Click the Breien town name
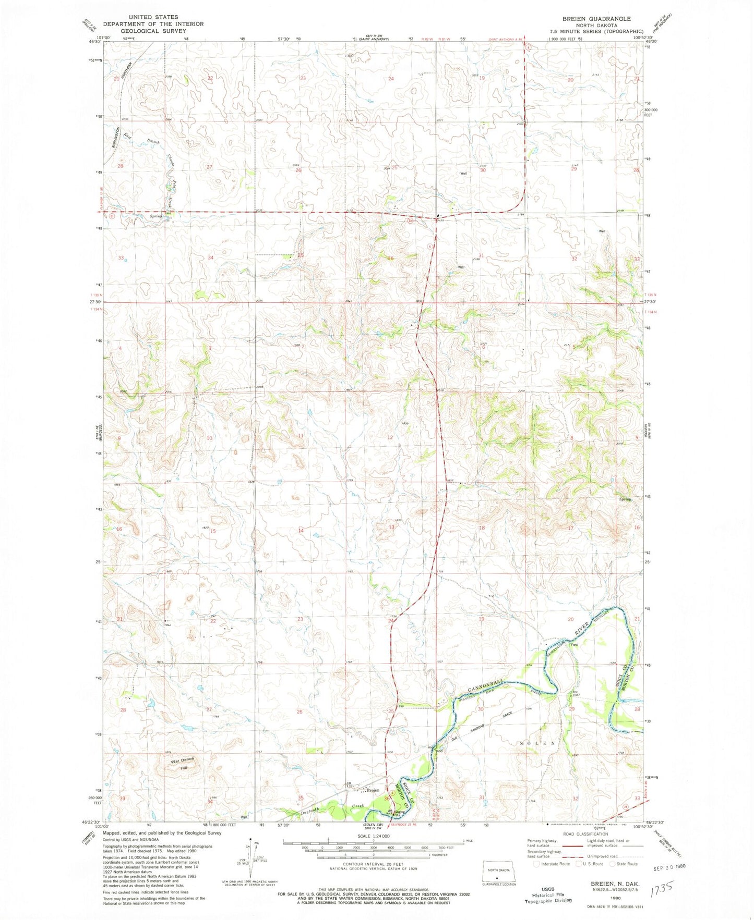coord(372,790)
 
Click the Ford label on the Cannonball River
coord(574,645)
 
